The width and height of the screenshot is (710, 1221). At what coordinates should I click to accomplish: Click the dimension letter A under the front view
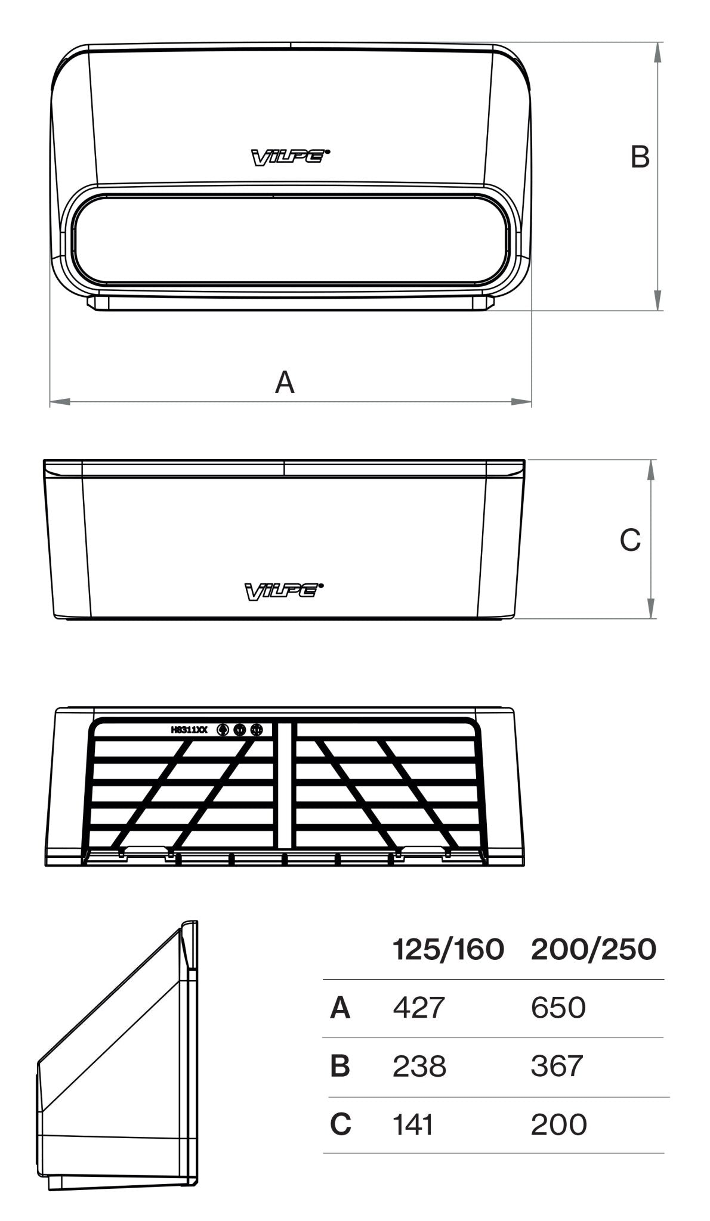tap(285, 382)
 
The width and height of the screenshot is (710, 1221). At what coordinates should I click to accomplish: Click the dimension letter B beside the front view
tap(640, 157)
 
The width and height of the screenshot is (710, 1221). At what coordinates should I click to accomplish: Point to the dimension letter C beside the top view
tap(630, 540)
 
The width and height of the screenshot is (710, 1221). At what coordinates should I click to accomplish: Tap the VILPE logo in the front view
tap(290, 157)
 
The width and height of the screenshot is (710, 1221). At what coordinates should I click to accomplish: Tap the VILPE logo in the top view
tap(284, 591)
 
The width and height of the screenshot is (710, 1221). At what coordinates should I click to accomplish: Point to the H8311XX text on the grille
tap(189, 729)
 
